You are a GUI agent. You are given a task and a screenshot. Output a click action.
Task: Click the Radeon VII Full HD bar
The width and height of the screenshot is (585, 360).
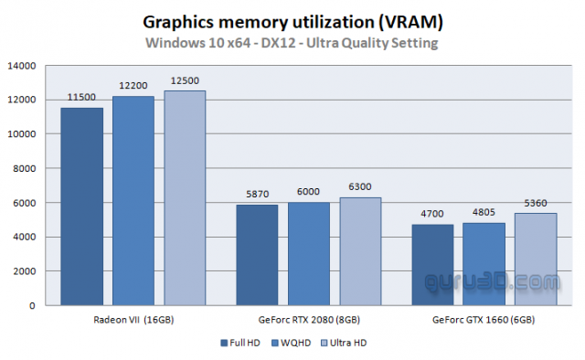click(x=81, y=206)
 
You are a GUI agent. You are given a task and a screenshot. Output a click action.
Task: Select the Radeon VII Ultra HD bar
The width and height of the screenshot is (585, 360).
click(x=185, y=196)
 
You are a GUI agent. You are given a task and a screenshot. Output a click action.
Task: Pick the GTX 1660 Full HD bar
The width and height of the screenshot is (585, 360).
click(x=432, y=264)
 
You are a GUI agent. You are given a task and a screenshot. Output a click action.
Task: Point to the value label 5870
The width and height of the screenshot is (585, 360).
click(x=257, y=195)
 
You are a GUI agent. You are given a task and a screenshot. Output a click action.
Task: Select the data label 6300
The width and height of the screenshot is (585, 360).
click(x=360, y=187)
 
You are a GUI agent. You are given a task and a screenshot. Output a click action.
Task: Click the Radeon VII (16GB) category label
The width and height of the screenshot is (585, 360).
click(x=133, y=321)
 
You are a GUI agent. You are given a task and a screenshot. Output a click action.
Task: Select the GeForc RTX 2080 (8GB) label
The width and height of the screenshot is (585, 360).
click(x=308, y=321)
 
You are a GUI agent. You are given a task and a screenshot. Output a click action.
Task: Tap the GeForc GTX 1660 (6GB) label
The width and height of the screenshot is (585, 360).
click(x=484, y=321)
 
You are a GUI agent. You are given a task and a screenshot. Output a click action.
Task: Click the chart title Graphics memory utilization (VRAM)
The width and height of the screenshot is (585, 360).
click(x=293, y=21)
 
